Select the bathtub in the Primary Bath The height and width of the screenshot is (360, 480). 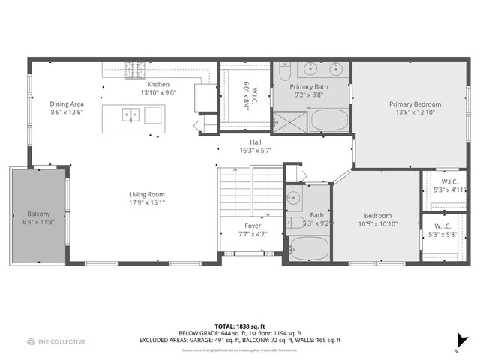click(329, 121)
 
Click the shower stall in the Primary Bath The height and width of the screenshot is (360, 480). click(289, 121)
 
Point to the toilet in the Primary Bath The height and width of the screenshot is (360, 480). click(283, 73)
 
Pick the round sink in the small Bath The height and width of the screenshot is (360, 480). click(294, 199)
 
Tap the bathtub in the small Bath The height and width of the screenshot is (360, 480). click(309, 248)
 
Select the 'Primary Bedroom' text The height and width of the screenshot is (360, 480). click(415, 104)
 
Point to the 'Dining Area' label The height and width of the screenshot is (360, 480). click(67, 103)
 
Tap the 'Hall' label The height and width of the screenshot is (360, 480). click(256, 142)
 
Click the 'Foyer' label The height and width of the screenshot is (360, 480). click(253, 226)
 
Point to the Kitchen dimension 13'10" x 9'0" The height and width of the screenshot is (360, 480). click(158, 93)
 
